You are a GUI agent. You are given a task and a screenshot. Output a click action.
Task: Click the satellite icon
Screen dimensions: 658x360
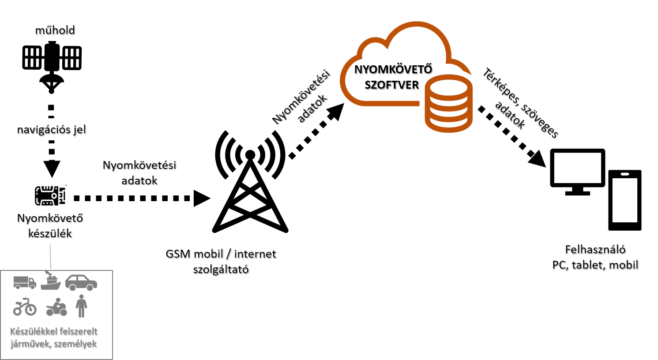pyautogui.click(x=52, y=67)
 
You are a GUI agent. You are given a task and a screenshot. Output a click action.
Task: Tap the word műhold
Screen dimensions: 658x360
pyautogui.click(x=55, y=30)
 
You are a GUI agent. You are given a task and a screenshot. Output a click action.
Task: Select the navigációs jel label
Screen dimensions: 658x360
pyautogui.click(x=51, y=130)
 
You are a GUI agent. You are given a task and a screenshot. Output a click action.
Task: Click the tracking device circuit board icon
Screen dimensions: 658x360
pyautogui.click(x=50, y=195)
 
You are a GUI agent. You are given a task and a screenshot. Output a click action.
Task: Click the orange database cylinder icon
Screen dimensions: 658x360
pyautogui.click(x=448, y=103)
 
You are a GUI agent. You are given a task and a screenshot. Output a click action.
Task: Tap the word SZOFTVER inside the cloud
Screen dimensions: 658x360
pyautogui.click(x=391, y=85)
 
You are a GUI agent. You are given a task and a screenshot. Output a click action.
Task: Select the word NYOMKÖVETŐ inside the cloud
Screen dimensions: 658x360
pyautogui.click(x=393, y=69)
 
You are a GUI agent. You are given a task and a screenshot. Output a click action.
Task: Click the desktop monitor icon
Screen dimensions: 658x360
pyautogui.click(x=578, y=172)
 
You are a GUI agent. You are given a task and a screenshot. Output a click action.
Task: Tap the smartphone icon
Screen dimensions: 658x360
pyautogui.click(x=625, y=200)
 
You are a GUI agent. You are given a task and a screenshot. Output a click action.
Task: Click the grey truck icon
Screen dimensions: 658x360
pyautogui.click(x=25, y=282)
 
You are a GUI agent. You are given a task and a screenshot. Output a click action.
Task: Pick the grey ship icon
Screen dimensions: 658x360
pyautogui.click(x=51, y=281)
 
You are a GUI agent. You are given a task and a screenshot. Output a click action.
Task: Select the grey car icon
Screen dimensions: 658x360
pyautogui.click(x=81, y=282)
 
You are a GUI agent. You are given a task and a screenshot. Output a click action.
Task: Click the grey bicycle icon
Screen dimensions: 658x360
pyautogui.click(x=25, y=307)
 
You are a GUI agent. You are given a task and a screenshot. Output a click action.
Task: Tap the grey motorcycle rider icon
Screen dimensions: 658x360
pyautogui.click(x=56, y=307)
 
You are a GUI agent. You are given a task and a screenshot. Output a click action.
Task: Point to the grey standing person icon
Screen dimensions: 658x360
pyautogui.click(x=81, y=306)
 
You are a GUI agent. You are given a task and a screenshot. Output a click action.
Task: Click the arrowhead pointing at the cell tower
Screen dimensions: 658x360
pyautogui.click(x=202, y=199)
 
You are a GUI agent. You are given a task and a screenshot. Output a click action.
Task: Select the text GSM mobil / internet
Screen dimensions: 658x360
pyautogui.click(x=221, y=254)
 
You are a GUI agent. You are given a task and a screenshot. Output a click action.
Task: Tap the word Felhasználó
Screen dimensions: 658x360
pyautogui.click(x=595, y=250)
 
